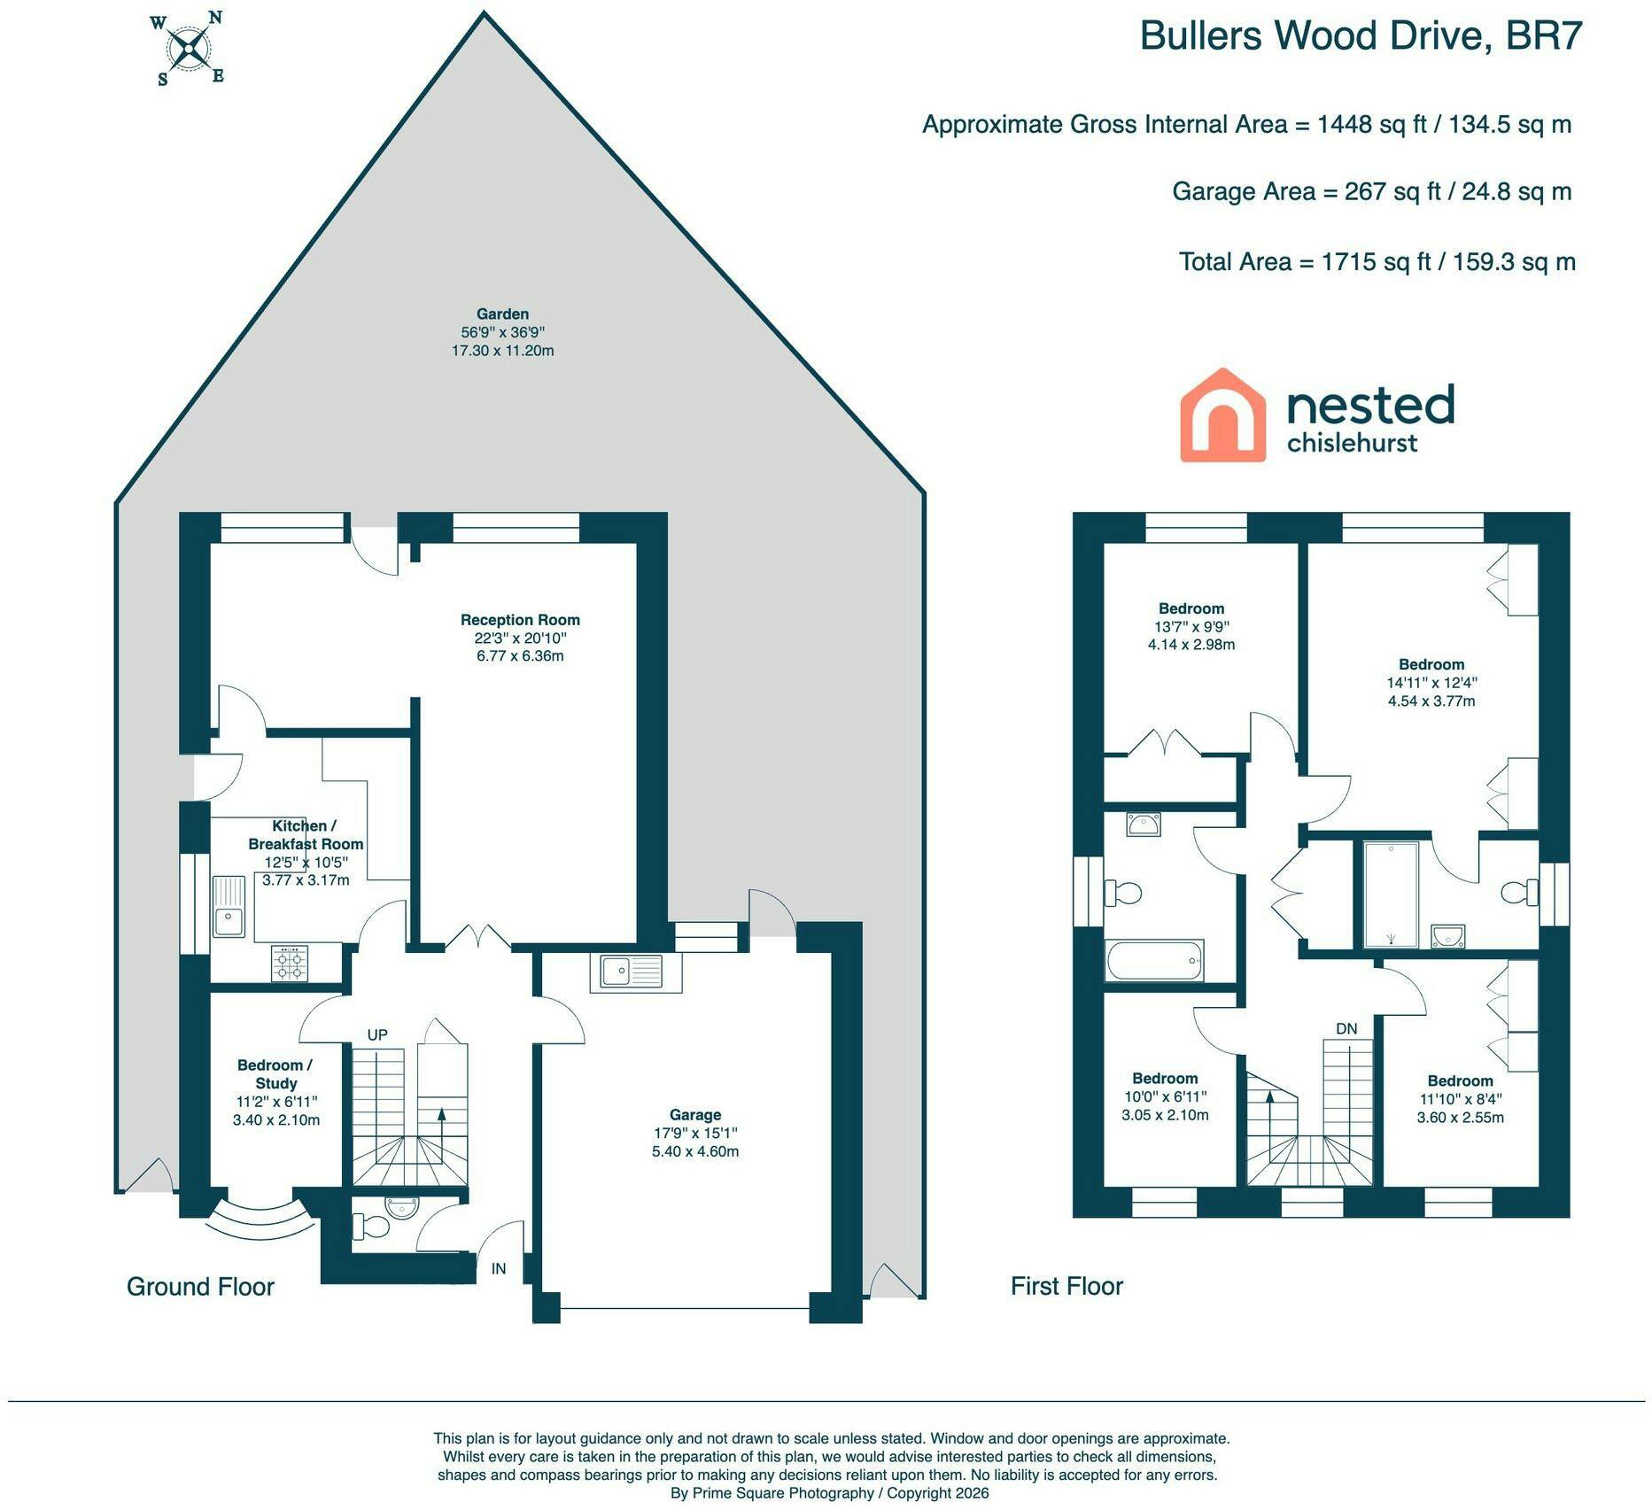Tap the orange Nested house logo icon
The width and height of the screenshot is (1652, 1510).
pos(1222,414)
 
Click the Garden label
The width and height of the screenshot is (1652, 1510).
pos(502,314)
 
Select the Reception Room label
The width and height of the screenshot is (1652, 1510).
pos(520,620)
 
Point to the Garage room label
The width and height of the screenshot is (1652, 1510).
pos(695,1115)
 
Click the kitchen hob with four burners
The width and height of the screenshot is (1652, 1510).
pos(290,964)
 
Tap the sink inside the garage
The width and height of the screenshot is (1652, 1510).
pos(636,972)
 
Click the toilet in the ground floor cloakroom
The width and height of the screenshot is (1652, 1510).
pos(369,1227)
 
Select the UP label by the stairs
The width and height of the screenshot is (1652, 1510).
pos(377,1034)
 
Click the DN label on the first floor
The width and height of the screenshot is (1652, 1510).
pos(1346,1028)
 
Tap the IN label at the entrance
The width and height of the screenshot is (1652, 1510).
pos(499,1268)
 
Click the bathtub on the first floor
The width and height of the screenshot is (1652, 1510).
pos(1154,960)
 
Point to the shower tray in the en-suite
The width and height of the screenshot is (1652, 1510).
pos(1392,894)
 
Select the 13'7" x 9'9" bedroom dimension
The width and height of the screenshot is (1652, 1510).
pos(1191,626)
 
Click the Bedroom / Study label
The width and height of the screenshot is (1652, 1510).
pos(275,1073)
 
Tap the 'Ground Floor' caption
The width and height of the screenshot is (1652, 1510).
pos(200,1286)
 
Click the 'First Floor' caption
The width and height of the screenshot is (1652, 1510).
pos(1066,1286)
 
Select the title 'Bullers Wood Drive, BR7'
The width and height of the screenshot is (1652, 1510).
pos(1361,36)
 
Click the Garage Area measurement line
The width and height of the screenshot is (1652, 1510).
pos(1372,191)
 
